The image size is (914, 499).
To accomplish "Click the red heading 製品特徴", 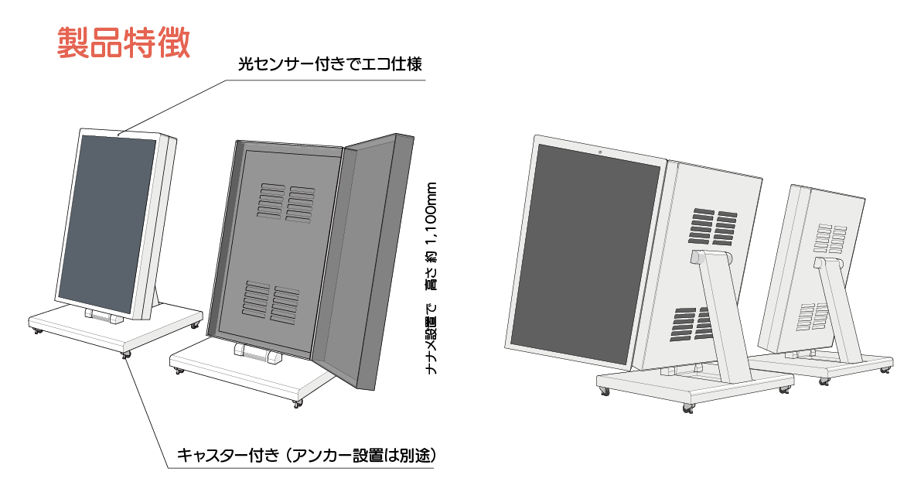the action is coord(124,42).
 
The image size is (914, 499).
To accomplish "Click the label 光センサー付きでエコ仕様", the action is coord(330,63).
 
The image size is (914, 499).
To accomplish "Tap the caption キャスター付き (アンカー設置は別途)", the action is coord(306,455).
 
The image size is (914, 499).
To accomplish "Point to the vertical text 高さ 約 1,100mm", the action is coord(431,236).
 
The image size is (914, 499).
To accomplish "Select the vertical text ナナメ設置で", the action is coord(431,339).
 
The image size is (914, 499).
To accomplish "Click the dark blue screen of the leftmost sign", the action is coord(110,224).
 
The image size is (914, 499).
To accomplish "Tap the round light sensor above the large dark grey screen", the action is coord(600,152).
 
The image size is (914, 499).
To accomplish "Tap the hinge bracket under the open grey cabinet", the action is coord(257,354).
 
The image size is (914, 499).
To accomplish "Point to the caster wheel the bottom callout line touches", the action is coord(125,354).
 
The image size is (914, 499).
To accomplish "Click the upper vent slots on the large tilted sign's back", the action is coord(713,226).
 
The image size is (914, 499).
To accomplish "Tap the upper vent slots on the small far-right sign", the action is coord(830,238).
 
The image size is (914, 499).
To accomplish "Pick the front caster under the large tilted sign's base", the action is coord(689,408).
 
